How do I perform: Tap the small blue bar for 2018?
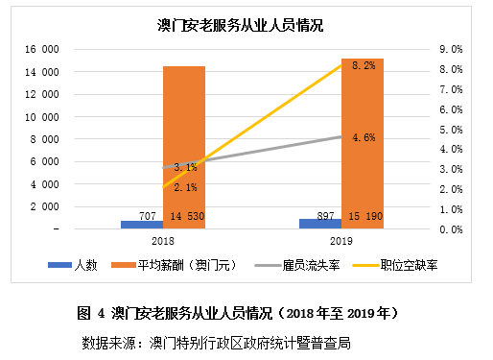pos(141,225)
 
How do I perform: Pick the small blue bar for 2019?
pos(319,224)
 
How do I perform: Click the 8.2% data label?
pos(364,65)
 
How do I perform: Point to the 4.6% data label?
pos(364,138)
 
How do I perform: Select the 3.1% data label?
pos(185,167)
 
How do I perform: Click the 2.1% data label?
pos(185,187)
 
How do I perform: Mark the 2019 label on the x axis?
pos(341,243)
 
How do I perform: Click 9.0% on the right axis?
pos(451,49)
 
